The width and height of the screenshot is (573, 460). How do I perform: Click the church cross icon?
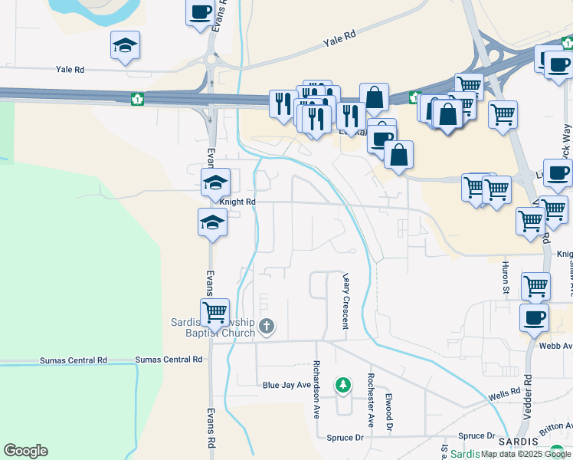(266, 327)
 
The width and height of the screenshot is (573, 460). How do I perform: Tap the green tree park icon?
(343, 384)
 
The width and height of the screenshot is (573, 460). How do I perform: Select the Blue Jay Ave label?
(286, 386)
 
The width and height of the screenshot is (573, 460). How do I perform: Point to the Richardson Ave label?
(316, 390)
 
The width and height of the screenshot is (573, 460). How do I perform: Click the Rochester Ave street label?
(370, 399)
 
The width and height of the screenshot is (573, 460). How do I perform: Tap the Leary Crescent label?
(345, 301)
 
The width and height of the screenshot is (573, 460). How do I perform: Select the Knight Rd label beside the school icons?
(237, 202)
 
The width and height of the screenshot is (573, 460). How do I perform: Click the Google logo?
(25, 451)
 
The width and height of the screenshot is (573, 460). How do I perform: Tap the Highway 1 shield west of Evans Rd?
(137, 98)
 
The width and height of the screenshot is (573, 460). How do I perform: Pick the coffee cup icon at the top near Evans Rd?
(201, 12)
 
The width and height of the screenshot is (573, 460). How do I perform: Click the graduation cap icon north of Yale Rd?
(125, 46)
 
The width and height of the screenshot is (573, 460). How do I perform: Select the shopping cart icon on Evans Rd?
(215, 312)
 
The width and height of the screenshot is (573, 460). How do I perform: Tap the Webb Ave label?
(558, 346)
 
